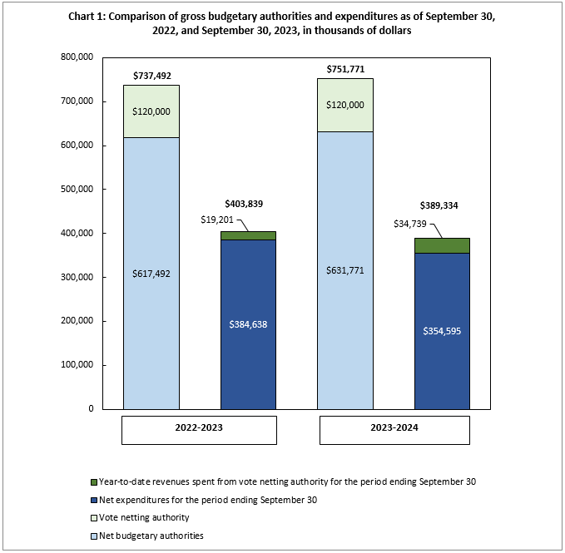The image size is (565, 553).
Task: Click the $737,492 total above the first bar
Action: point(151,75)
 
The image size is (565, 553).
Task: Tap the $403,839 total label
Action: point(248,204)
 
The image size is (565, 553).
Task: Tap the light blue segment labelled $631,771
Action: point(344,270)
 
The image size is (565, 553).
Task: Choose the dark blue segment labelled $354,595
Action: point(441,331)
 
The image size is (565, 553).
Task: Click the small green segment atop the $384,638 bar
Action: point(248,235)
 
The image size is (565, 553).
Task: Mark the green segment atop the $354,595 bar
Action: point(441,245)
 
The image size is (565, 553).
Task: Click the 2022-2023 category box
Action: point(199,429)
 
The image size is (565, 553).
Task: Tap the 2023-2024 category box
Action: point(393,429)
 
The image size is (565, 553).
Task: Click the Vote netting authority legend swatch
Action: point(92,518)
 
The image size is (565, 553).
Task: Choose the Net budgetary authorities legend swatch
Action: point(92,536)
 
